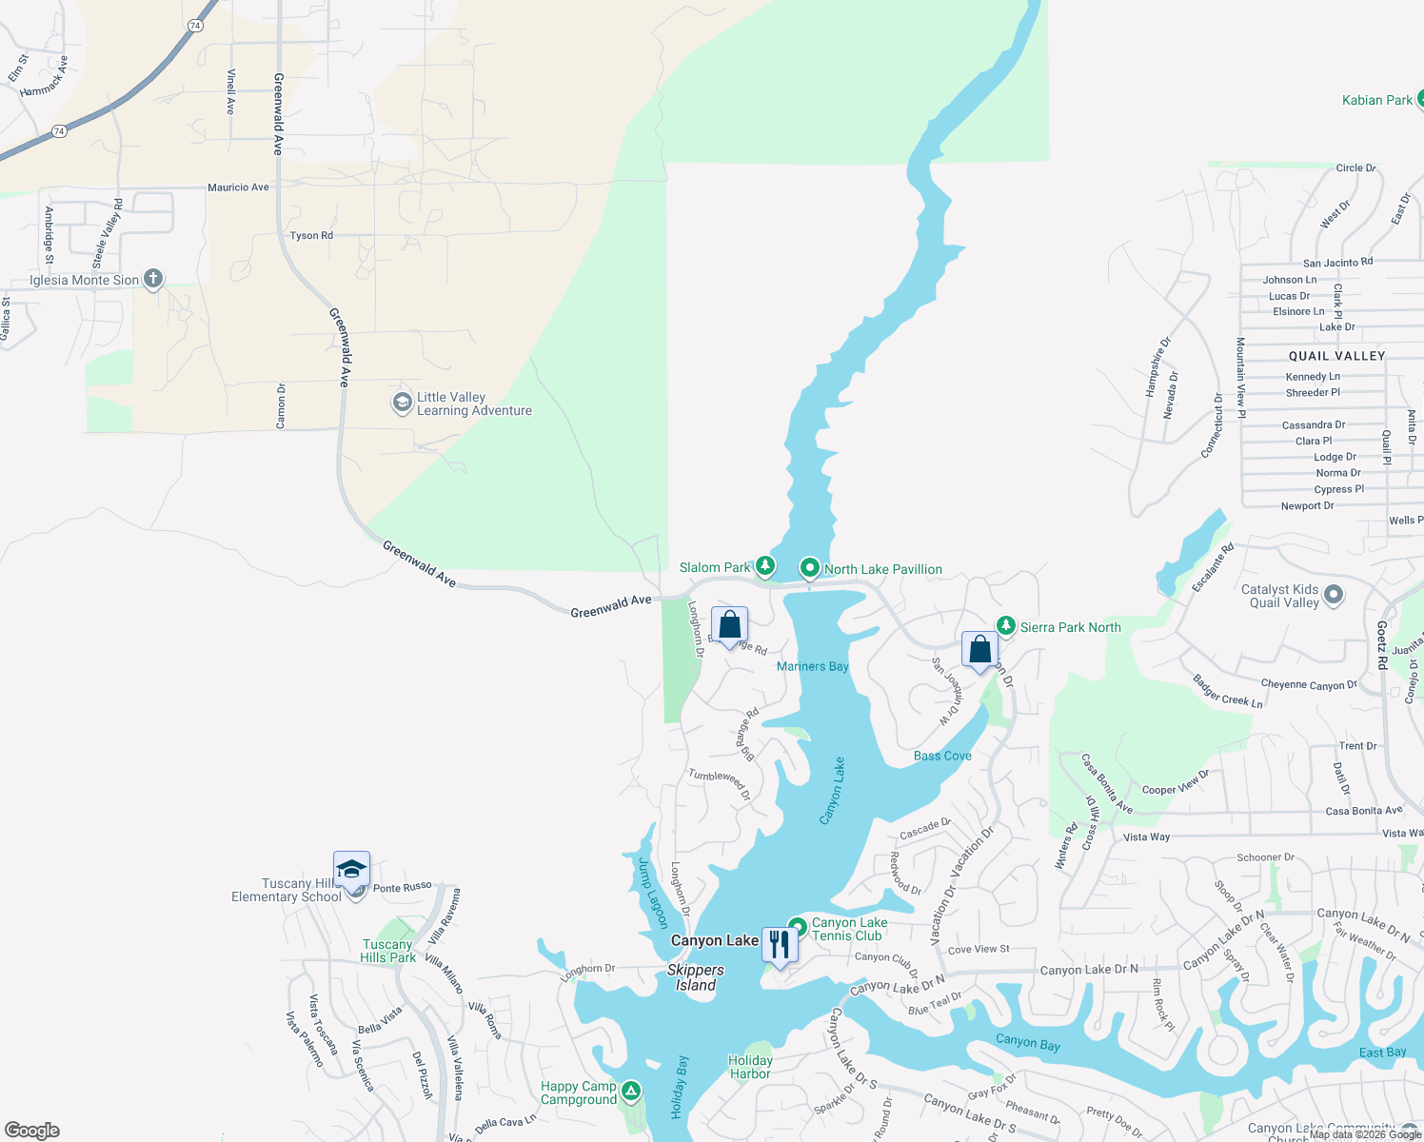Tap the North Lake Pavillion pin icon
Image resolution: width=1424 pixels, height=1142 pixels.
point(809,568)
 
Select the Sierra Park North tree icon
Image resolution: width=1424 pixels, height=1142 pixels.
point(1006,626)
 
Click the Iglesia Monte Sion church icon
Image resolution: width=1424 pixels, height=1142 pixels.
point(153,279)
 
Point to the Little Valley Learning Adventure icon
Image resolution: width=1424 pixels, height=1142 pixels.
point(402,403)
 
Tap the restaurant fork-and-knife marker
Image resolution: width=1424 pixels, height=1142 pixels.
point(780,944)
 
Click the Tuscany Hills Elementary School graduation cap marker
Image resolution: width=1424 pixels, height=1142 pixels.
point(351,870)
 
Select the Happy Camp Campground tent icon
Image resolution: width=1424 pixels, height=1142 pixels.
point(631,1091)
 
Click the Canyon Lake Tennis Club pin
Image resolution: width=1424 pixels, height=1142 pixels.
point(798,927)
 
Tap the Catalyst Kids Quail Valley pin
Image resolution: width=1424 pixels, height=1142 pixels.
point(1334,595)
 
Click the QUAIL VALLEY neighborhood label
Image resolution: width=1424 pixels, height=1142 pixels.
point(1336,356)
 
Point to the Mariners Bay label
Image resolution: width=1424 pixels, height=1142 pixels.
point(812,666)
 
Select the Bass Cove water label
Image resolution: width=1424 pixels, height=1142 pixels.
point(942,756)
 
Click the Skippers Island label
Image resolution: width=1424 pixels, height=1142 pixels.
point(696,977)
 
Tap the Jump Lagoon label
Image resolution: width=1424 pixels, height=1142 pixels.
point(652,894)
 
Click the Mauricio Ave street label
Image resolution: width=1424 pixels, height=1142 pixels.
point(238,187)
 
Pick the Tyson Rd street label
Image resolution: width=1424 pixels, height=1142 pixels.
point(311,236)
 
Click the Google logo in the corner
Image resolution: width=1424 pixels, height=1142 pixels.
point(32,1131)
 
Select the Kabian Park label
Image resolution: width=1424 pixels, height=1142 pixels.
point(1376,100)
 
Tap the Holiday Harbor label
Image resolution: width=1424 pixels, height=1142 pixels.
point(750,1067)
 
